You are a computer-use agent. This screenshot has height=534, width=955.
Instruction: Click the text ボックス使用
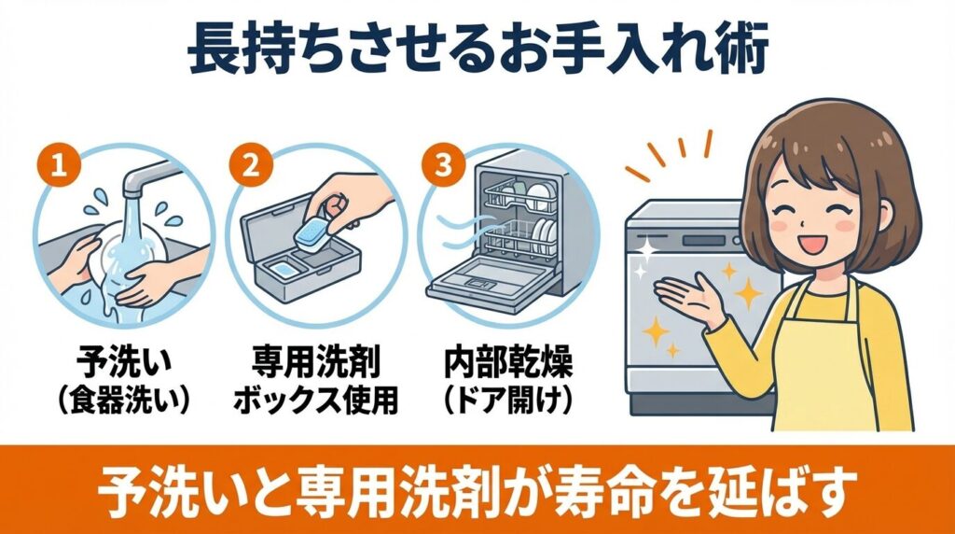point(313,399)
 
